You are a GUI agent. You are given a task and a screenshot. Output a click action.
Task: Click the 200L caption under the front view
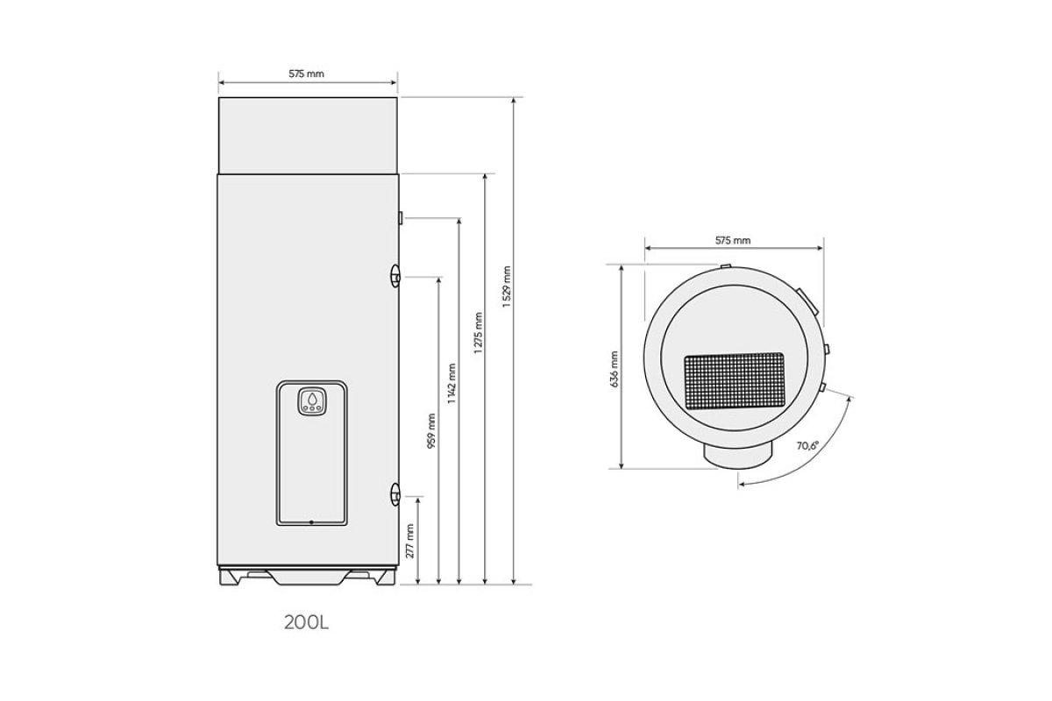(306, 623)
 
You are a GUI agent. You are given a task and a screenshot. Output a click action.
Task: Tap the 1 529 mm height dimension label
(507, 287)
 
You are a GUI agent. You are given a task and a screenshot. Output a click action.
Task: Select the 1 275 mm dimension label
(478, 333)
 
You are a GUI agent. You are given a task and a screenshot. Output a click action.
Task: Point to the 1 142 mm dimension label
(451, 384)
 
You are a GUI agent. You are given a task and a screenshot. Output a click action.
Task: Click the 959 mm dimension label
(431, 430)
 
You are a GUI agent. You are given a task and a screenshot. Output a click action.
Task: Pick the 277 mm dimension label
(410, 541)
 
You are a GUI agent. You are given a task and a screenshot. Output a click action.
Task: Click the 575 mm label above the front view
(306, 74)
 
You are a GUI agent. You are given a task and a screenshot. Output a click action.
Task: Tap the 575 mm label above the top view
(733, 240)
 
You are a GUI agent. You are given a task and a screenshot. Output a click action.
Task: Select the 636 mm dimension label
(615, 369)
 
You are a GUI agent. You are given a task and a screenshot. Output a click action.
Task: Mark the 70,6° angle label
(807, 445)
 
